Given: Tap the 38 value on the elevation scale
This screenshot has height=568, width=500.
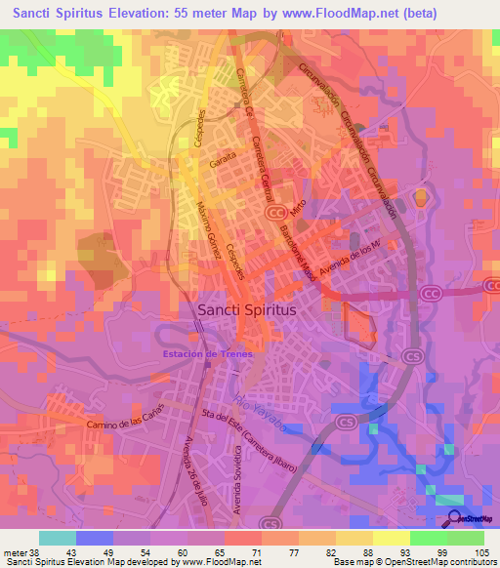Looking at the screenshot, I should (x=38, y=551).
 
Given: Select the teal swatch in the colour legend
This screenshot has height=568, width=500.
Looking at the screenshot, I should (x=57, y=538).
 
